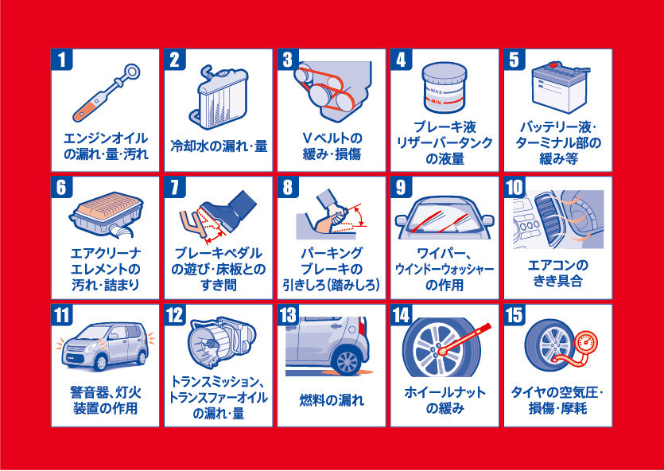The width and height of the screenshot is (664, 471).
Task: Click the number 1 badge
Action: (x=62, y=59)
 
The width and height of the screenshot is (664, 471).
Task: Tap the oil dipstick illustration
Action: (x=106, y=93)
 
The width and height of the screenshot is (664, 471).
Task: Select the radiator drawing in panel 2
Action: (x=218, y=98)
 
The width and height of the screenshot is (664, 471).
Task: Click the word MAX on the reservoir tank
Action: (x=437, y=91)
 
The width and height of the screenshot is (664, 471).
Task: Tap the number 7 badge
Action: (x=175, y=187)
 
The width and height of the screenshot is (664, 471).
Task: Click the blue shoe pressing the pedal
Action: (x=229, y=210)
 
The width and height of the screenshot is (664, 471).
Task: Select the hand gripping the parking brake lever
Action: (x=336, y=214)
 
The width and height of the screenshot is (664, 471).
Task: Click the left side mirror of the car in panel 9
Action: (x=401, y=220)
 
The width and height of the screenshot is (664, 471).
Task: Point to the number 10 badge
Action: (x=515, y=187)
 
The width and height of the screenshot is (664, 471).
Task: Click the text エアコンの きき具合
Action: (x=557, y=274)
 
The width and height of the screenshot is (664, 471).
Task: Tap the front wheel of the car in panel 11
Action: (x=100, y=362)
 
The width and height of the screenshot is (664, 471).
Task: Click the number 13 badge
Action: (x=288, y=315)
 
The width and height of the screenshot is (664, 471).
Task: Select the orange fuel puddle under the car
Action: (x=330, y=372)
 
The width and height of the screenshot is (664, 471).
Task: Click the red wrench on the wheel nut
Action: (x=465, y=339)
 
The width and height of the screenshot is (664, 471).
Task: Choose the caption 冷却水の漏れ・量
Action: (x=219, y=146)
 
